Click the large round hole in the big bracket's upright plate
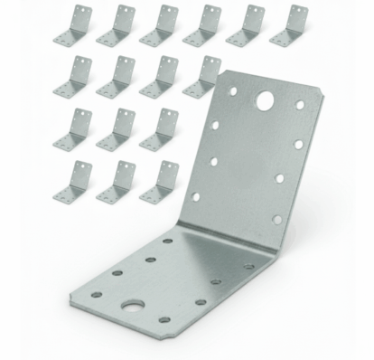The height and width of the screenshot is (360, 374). (x=265, y=100)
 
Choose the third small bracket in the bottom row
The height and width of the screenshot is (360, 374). (x=159, y=182)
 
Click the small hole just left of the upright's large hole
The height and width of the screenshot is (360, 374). (x=233, y=91)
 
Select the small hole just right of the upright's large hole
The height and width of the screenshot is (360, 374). (x=300, y=106)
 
